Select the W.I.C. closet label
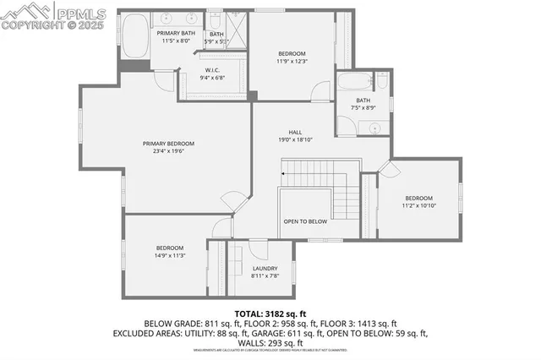pyautogui.click(x=213, y=71)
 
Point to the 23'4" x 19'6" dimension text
pyautogui.click(x=168, y=152)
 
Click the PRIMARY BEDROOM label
pyautogui.click(x=168, y=144)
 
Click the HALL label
pyautogui.click(x=295, y=132)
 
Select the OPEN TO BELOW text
pyautogui.click(x=304, y=221)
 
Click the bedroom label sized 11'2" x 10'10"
pyautogui.click(x=418, y=198)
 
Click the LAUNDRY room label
pyautogui.click(x=265, y=268)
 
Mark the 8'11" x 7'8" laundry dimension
pyautogui.click(x=265, y=275)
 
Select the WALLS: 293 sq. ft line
pyautogui.click(x=270, y=343)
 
